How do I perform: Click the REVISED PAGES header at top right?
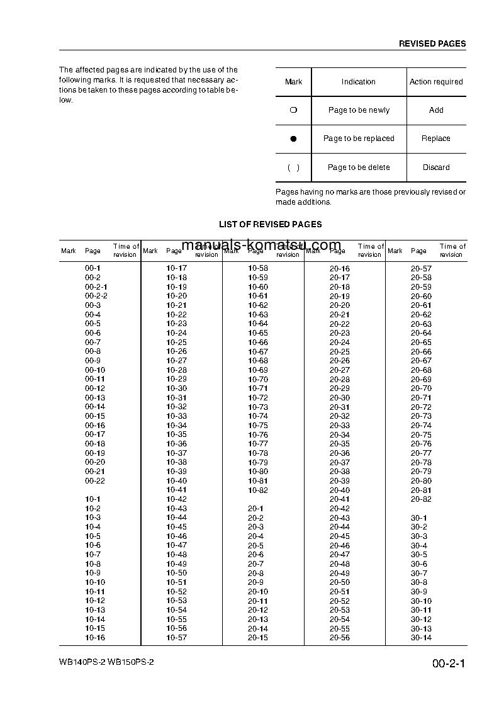tap(432, 43)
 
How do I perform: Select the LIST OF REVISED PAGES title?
tap(270, 224)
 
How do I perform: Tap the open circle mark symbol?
tap(293, 110)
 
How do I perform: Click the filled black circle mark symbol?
tap(293, 139)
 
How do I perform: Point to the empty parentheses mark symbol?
tap(293, 167)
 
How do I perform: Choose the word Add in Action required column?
tap(436, 110)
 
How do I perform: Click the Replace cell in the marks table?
tap(436, 139)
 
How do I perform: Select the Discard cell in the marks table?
tap(436, 167)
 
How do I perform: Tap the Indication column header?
tap(358, 82)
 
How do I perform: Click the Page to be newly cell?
tap(359, 110)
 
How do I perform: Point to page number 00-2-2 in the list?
tap(96, 296)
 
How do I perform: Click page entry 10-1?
tap(93, 499)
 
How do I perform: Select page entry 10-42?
tap(176, 499)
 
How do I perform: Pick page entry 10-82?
tap(258, 490)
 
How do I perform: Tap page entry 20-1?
tap(255, 508)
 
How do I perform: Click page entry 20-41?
tap(340, 499)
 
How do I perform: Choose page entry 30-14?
tap(421, 638)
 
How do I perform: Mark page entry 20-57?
tap(421, 268)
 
